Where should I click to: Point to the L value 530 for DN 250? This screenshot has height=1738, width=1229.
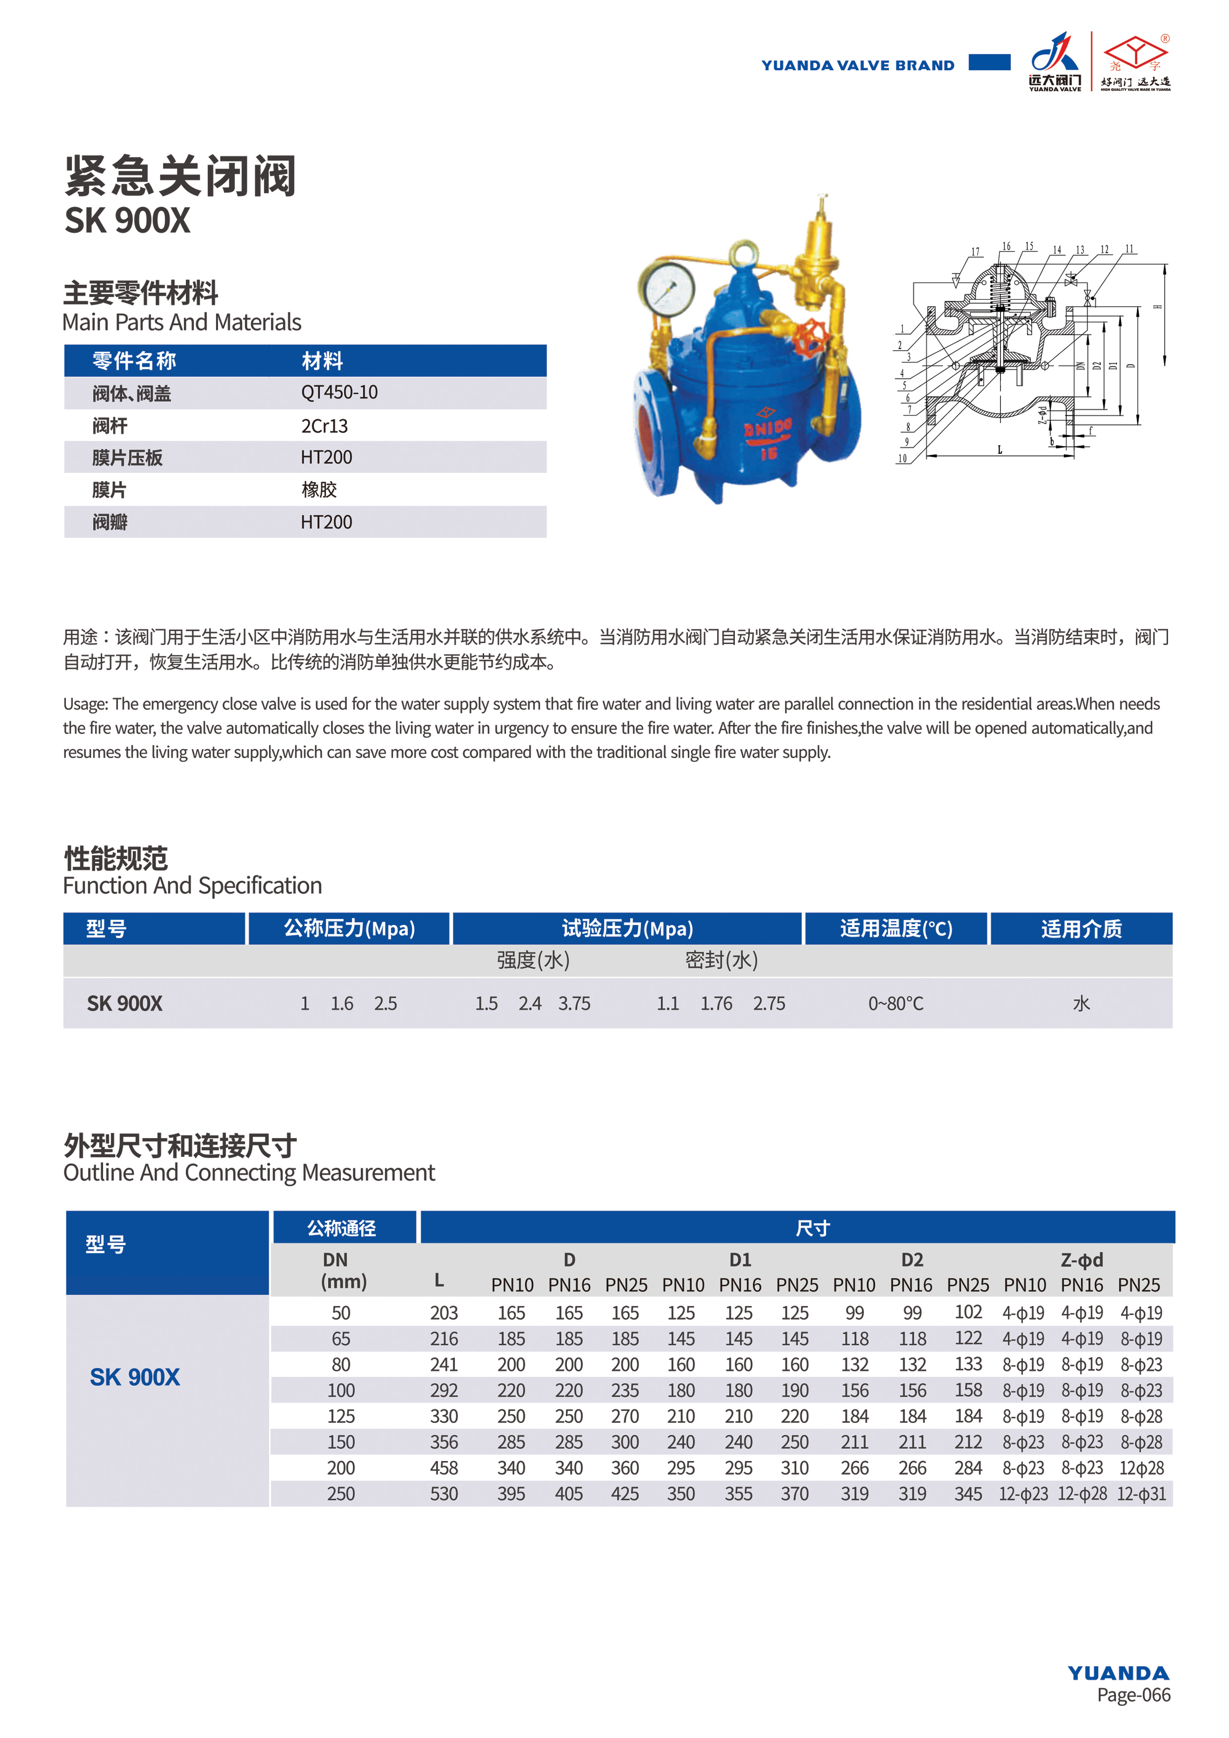(x=444, y=1493)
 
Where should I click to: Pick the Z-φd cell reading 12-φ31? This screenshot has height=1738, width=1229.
(x=1141, y=1493)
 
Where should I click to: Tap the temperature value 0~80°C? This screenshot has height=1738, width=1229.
(x=896, y=1004)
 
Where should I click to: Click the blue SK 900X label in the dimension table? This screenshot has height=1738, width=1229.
(x=135, y=1377)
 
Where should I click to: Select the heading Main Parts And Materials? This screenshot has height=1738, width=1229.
(x=182, y=323)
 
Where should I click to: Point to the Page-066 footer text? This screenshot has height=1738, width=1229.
(x=1133, y=1695)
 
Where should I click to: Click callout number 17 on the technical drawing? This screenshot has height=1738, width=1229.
(x=975, y=252)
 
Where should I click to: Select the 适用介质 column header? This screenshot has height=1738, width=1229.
(x=1081, y=929)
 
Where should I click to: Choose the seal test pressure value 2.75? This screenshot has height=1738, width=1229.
(x=769, y=1004)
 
